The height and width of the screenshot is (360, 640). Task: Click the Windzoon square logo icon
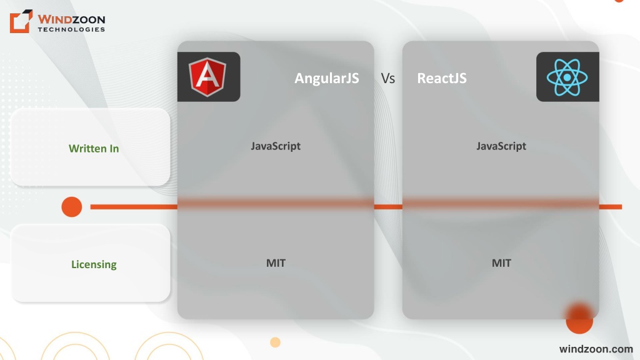coord(21,21)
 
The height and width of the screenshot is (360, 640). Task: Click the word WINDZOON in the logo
coord(71,19)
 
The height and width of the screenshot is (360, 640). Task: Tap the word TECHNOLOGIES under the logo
coord(71,29)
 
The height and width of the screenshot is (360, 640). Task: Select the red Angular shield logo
coord(207,77)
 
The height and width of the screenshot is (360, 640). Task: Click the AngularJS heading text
coord(326,78)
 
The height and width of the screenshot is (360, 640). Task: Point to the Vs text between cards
coord(387,78)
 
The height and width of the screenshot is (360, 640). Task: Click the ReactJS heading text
coord(442,78)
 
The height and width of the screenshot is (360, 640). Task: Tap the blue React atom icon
coord(567,77)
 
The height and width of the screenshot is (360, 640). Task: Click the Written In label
coord(94,148)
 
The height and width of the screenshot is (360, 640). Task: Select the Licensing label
coord(94,264)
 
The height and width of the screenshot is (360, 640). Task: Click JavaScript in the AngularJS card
coord(276,146)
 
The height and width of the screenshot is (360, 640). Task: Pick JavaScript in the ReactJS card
coord(501,146)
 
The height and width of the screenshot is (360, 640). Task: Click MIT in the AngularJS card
coord(276,263)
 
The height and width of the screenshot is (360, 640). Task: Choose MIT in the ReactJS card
coord(501,263)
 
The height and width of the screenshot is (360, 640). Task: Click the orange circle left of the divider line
coord(72,207)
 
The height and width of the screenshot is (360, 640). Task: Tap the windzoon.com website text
coord(596,349)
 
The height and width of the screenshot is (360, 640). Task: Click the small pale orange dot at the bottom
coord(275,342)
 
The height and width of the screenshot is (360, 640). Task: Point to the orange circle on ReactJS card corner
coord(579,319)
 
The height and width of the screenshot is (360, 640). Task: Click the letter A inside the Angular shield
coord(207,76)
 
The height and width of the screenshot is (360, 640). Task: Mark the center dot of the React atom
coord(567,77)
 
